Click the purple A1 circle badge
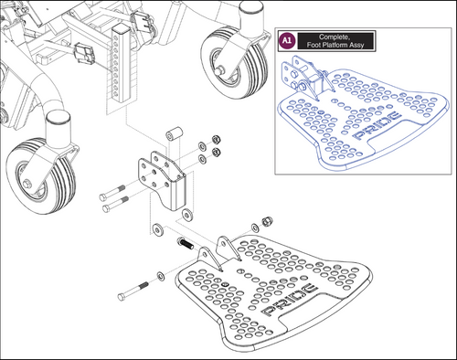click(x=286, y=41)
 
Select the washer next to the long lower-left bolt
click(x=161, y=274)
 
